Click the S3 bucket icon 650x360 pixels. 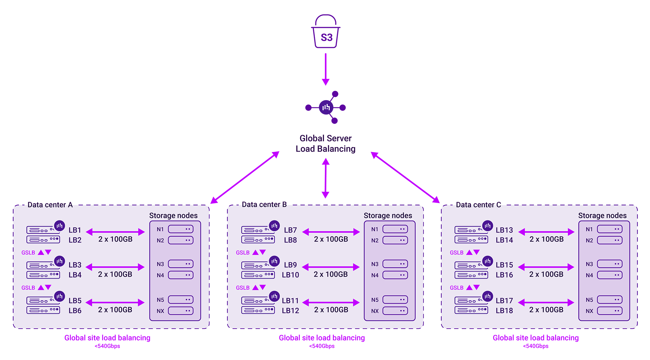click(x=326, y=32)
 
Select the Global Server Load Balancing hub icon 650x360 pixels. click(x=326, y=108)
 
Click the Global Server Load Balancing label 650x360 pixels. click(x=326, y=144)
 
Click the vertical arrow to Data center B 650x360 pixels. click(x=325, y=178)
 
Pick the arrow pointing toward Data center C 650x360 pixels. click(x=405, y=178)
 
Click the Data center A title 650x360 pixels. click(x=50, y=205)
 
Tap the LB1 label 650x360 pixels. click(x=75, y=230)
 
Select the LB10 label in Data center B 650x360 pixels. click(x=290, y=275)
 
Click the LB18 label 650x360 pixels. click(x=504, y=311)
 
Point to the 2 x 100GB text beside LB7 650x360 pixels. click(x=331, y=239)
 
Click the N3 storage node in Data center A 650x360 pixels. click(x=181, y=264)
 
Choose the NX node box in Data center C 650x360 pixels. click(x=609, y=311)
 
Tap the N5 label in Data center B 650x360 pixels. click(x=375, y=300)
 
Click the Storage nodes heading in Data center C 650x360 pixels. click(x=602, y=215)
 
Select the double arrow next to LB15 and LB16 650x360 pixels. click(x=546, y=267)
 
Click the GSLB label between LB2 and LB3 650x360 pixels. click(x=28, y=253)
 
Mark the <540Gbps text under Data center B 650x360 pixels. click(x=322, y=346)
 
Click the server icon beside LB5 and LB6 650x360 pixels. click(x=43, y=305)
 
